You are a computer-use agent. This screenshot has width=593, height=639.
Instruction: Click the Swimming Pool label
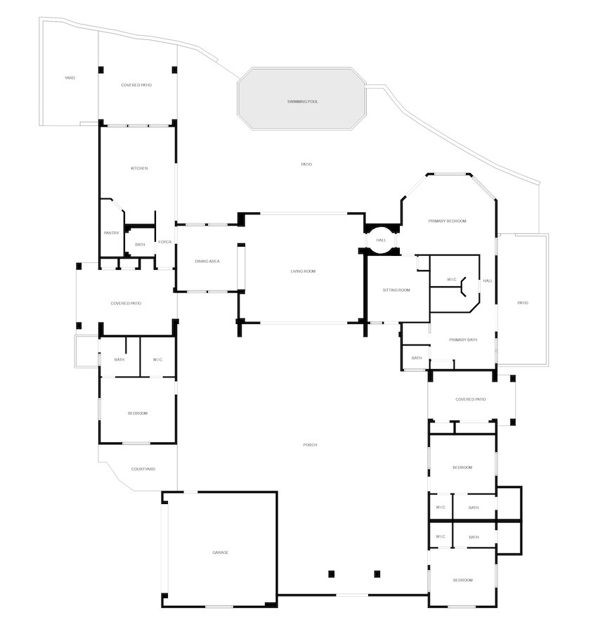[x=302, y=101]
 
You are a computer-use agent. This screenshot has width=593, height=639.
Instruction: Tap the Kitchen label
[x=139, y=168]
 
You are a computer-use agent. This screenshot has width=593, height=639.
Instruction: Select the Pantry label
[x=111, y=233]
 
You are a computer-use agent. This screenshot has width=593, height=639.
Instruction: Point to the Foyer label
[x=165, y=242]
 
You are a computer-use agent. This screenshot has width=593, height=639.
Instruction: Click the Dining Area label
[x=207, y=262]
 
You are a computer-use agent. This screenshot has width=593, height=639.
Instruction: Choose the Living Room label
[x=303, y=271]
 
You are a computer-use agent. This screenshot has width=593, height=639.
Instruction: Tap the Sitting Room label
[x=396, y=290]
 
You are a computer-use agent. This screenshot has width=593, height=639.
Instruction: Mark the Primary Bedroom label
[x=447, y=221]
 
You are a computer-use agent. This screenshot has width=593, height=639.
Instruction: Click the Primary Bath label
[x=463, y=340]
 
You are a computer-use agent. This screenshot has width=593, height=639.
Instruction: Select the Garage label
[x=221, y=553]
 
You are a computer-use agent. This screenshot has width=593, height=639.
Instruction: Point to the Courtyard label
[x=143, y=469]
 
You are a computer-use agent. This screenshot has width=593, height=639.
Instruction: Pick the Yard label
[x=70, y=78]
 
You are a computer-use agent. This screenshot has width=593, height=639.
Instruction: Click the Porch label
[x=311, y=445]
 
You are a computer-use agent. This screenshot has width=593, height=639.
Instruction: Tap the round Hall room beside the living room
[x=382, y=240]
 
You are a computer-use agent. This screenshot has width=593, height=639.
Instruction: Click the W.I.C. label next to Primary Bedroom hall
[x=452, y=280]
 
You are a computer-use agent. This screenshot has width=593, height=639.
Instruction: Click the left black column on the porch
[x=332, y=574]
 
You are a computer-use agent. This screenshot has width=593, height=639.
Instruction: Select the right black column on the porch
[x=377, y=574]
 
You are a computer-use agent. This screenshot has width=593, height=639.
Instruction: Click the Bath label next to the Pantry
[x=140, y=245]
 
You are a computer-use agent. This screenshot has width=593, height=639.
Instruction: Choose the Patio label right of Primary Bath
[x=523, y=303]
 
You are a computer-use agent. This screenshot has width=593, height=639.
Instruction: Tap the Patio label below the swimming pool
[x=306, y=164]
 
